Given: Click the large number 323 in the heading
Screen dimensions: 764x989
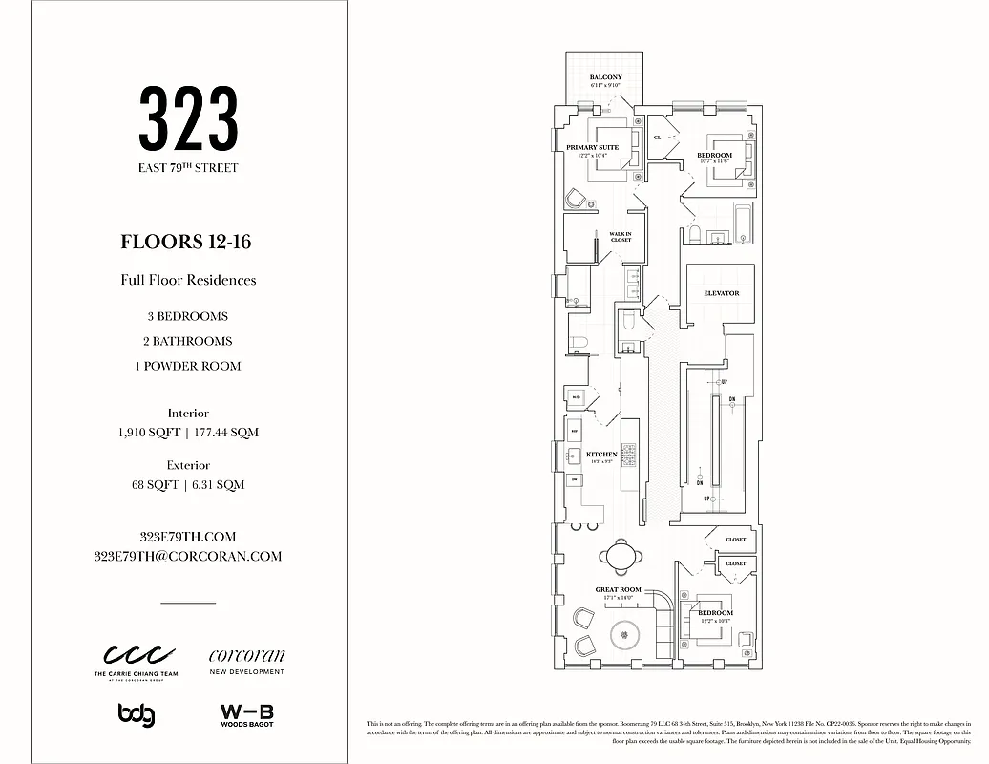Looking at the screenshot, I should (188, 118).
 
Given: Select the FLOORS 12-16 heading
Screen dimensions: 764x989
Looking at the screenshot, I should (188, 242).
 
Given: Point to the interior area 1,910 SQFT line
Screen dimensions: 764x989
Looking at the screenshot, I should (188, 432).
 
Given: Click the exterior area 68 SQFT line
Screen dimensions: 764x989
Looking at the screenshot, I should (188, 484).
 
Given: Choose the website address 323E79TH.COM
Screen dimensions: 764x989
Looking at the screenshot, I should (188, 537).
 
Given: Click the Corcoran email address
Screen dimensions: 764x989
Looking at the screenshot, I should (188, 556).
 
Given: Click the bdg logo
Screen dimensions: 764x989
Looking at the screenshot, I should (137, 714).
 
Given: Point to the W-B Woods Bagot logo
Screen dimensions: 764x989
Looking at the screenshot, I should (246, 714).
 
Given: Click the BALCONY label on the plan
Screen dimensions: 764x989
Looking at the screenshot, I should (605, 77).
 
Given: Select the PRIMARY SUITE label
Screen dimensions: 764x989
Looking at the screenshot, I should (592, 147).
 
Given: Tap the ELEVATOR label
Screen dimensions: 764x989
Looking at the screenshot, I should (721, 293).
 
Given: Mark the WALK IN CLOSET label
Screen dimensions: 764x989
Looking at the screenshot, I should (621, 236).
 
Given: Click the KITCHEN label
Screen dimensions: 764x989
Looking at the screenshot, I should (601, 455).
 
